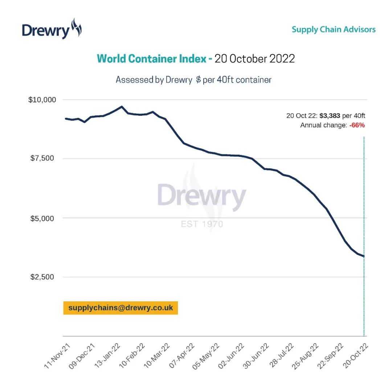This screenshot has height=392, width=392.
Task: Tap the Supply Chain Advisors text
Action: pyautogui.click(x=334, y=29)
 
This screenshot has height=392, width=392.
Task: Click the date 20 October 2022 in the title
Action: pyautogui.click(x=254, y=59)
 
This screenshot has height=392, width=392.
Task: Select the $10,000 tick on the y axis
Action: pyautogui.click(x=42, y=99)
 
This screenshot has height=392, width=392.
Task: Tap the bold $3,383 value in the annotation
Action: pyautogui.click(x=330, y=116)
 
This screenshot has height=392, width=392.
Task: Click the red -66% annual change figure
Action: pyautogui.click(x=357, y=126)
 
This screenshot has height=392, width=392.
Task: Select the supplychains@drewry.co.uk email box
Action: pyautogui.click(x=121, y=308)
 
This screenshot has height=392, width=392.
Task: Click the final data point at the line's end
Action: pyautogui.click(x=364, y=256)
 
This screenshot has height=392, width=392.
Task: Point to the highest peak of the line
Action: pyautogui.click(x=122, y=106)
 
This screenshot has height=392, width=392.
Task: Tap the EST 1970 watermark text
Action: pyautogui.click(x=202, y=224)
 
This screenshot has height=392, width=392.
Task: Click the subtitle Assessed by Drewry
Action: pyautogui.click(x=154, y=80)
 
